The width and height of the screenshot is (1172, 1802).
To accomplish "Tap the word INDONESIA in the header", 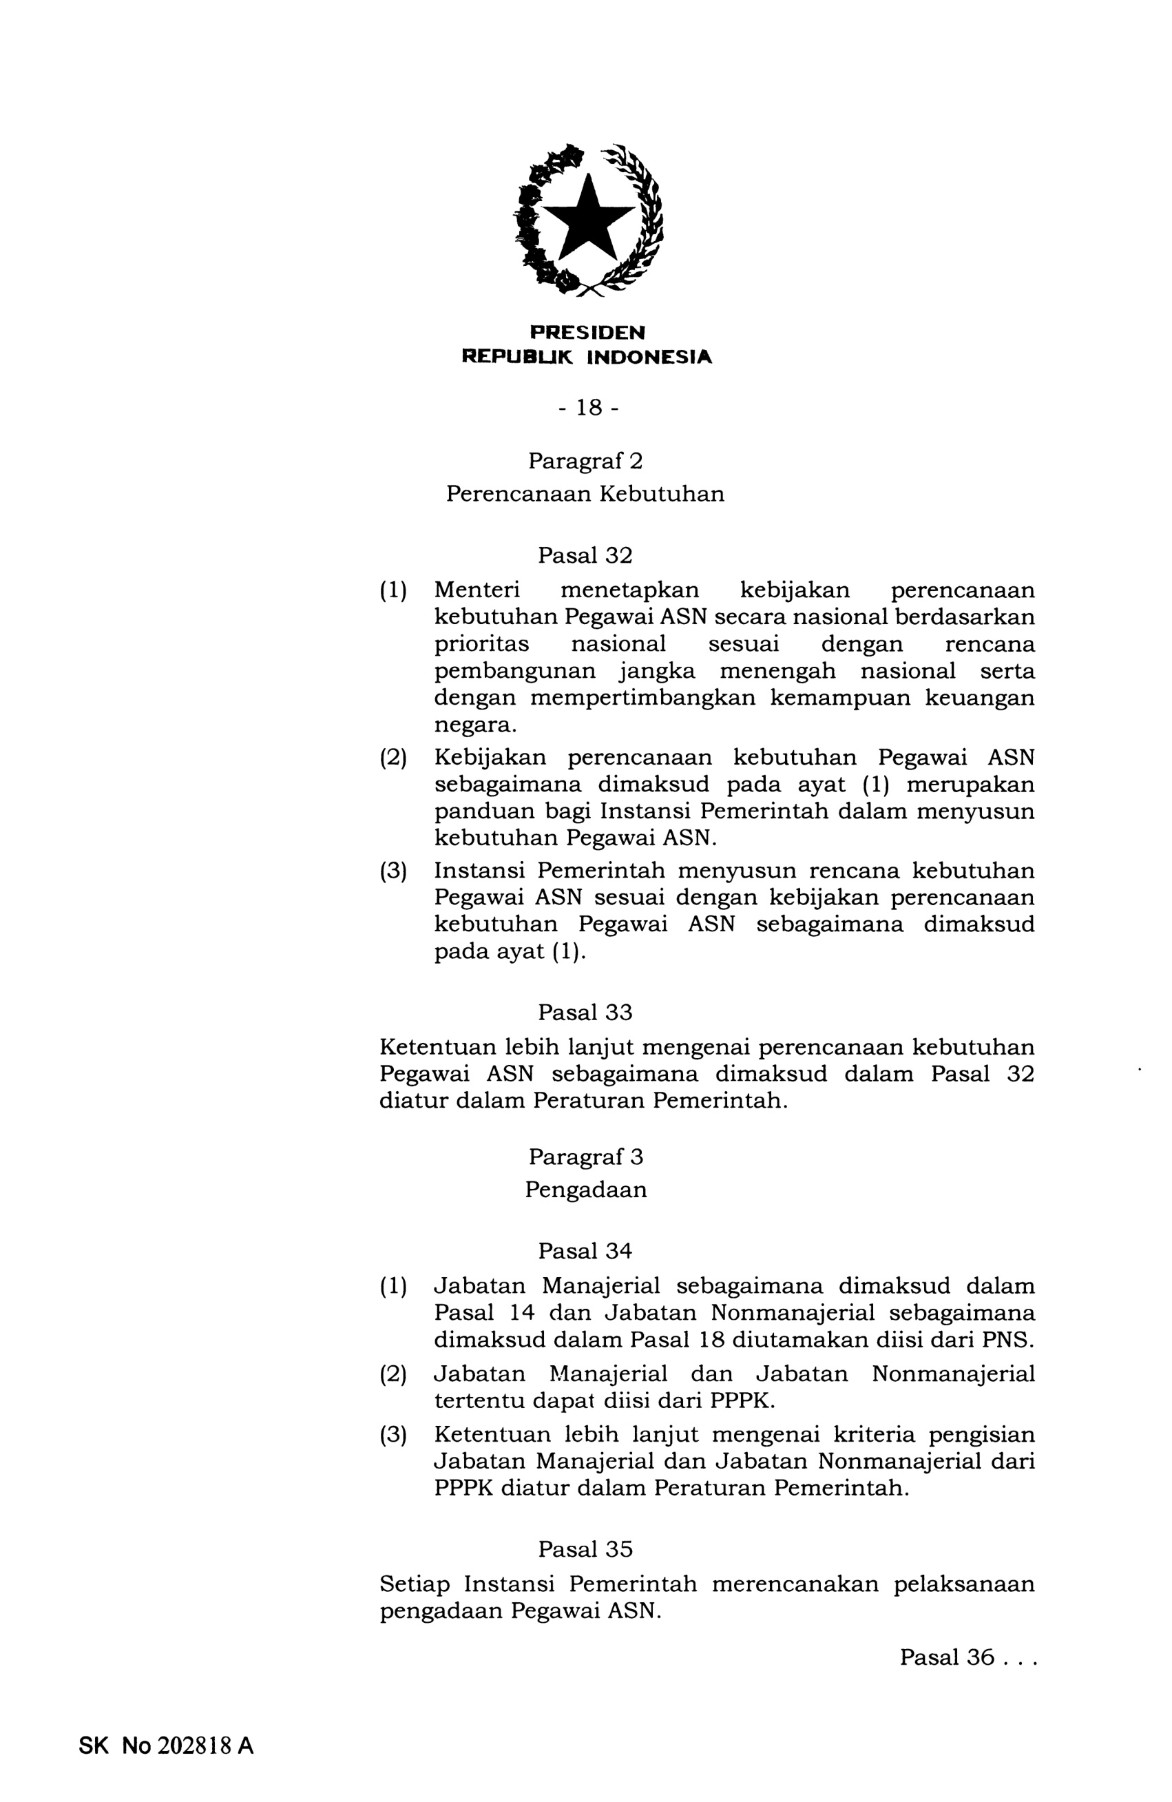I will pos(649,357).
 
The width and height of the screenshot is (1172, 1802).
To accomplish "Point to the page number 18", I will pos(588,408).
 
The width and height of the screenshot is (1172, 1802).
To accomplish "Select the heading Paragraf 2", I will pos(585,460).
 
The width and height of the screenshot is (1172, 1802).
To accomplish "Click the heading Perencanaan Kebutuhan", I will pos(585,494).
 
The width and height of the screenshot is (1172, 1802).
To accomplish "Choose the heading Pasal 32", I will pos(585,556).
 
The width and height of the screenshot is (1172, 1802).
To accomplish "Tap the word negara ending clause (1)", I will pos(474,725).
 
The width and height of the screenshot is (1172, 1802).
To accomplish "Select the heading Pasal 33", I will pos(585,1013).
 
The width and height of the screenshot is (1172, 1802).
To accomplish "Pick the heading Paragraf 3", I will pos(585,1157).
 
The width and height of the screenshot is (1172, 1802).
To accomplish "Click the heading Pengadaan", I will pos(586,1190).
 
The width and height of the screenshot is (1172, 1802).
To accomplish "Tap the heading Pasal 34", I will pos(585,1251).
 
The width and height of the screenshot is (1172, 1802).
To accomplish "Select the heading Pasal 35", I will pos(585,1549).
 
